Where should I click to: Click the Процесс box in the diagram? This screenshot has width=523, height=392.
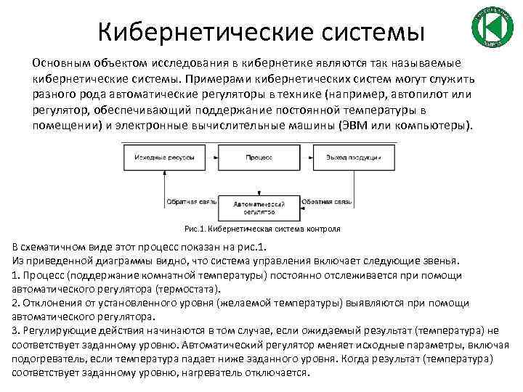click(259, 156)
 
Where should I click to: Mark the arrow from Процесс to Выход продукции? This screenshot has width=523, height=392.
click(303, 156)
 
